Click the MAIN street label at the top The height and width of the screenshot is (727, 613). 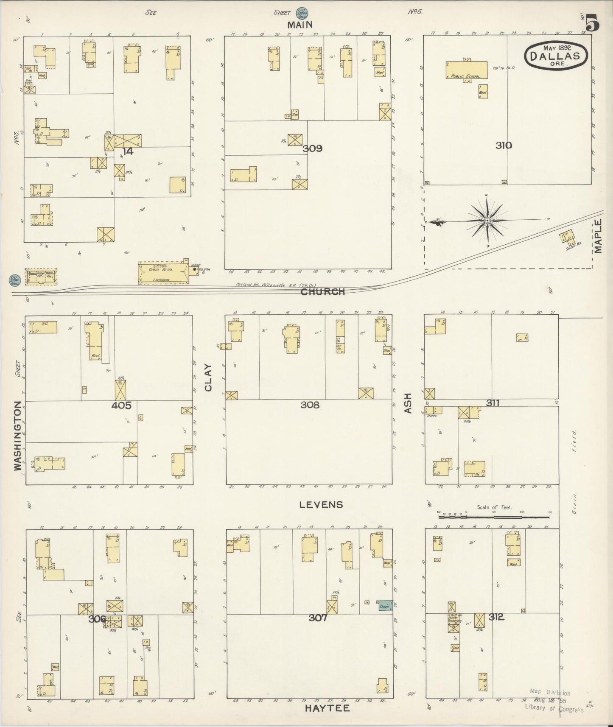pyautogui.click(x=300, y=25)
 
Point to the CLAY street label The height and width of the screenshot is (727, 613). pyautogui.click(x=208, y=377)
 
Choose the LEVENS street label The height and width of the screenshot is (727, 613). pyautogui.click(x=321, y=504)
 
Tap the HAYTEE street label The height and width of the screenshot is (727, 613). pyautogui.click(x=327, y=708)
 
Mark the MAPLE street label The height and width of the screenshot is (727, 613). pyautogui.click(x=598, y=236)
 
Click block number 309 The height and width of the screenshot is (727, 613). pyautogui.click(x=313, y=149)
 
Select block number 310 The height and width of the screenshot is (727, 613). pyautogui.click(x=504, y=145)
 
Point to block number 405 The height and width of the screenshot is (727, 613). pyautogui.click(x=121, y=405)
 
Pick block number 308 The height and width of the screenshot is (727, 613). pyautogui.click(x=310, y=405)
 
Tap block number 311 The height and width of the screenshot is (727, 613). pyautogui.click(x=492, y=403)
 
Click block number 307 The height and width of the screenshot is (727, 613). pyautogui.click(x=318, y=618)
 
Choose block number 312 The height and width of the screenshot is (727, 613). pyautogui.click(x=496, y=617)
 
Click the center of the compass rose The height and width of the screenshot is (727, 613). pyautogui.click(x=487, y=221)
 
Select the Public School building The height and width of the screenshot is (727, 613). pyautogui.click(x=465, y=70)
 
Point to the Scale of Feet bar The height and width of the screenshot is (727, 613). pyautogui.click(x=494, y=517)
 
